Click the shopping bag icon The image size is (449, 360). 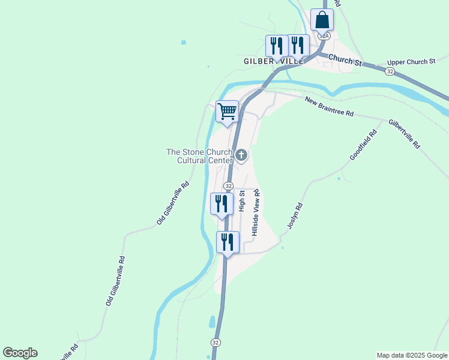322,20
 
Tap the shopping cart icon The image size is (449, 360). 228,112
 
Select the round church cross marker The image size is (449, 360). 241,156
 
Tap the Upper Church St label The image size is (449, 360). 411,62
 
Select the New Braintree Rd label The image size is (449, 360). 329,106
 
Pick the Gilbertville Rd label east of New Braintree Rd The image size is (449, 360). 405,133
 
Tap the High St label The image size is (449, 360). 242,201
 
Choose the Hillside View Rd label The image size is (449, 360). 256,212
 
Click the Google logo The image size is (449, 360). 20,353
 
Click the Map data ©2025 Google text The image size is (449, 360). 412,355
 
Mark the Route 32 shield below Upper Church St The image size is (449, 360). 390,71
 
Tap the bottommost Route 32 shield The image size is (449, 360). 215,342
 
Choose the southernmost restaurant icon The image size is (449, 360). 228,242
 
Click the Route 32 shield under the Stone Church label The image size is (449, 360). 228,186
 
